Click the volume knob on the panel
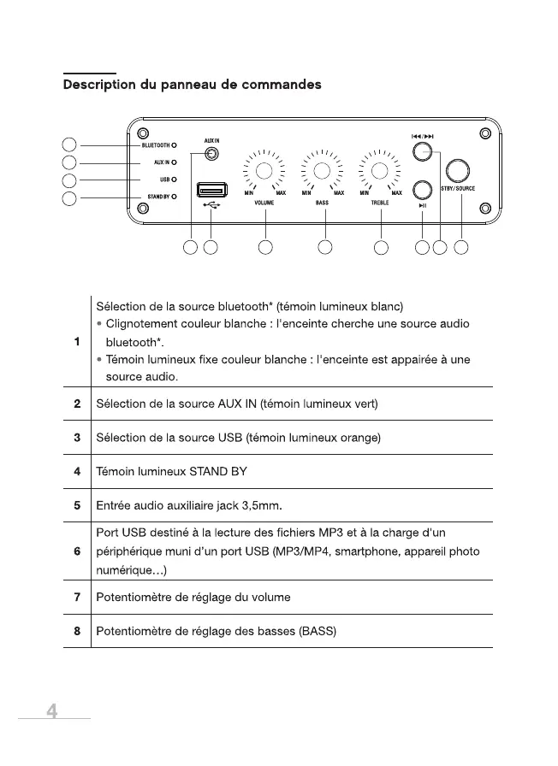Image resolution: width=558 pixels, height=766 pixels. tap(264, 171)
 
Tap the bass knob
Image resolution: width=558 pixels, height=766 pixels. tap(322, 171)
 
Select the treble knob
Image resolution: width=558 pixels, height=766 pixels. tap(379, 171)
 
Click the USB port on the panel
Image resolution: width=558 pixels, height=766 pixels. tap(211, 189)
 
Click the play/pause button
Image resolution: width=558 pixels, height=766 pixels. tap(422, 190)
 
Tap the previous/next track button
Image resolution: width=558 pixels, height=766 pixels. tap(419, 152)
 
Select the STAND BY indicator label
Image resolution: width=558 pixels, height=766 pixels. tap(157, 197)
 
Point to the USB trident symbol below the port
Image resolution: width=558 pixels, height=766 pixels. tap(211, 205)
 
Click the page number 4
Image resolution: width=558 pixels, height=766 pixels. tap(52, 711)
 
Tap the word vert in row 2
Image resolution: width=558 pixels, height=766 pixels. tap(363, 404)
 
